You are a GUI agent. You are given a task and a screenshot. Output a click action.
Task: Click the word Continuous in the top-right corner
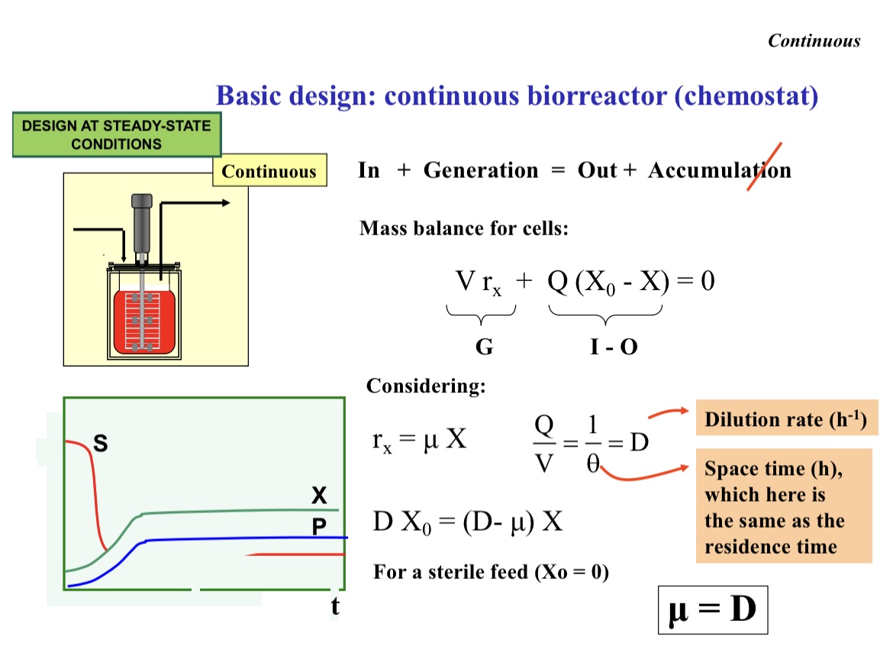[x=814, y=41]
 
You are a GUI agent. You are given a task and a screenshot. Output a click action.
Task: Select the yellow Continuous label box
[x=269, y=171]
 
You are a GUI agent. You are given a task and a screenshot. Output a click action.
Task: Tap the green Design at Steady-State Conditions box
[x=116, y=134]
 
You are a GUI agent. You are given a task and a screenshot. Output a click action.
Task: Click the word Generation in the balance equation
[x=480, y=170]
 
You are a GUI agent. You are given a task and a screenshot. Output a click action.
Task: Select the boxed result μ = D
[x=712, y=610]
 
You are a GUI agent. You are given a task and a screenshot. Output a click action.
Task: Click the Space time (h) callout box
[x=783, y=507]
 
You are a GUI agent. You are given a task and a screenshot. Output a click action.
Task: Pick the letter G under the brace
[x=484, y=347]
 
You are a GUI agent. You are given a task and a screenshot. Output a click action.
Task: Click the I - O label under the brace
[x=614, y=347]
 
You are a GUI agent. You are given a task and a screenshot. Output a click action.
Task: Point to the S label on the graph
[x=100, y=442]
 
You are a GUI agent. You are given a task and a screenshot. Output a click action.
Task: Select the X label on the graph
[x=319, y=496]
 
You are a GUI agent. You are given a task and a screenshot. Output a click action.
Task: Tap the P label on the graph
[x=319, y=527]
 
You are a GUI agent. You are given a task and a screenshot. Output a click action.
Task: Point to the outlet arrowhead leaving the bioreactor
[x=225, y=203]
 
